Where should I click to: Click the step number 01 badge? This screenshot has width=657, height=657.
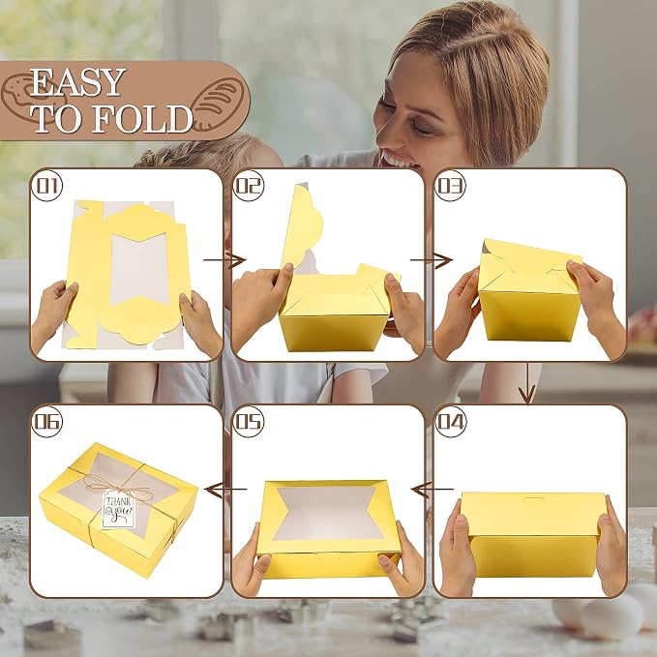[46, 186]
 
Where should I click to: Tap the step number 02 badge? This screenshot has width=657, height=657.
[249, 186]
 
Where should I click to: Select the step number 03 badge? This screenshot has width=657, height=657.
[451, 186]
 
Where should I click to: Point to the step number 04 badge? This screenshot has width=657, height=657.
[451, 422]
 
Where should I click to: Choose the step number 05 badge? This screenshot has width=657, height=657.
[249, 422]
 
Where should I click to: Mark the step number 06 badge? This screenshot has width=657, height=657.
[46, 422]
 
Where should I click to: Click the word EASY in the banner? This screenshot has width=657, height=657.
[78, 82]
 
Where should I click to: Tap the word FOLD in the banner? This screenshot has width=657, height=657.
[142, 119]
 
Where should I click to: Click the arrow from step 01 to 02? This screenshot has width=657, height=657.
[224, 260]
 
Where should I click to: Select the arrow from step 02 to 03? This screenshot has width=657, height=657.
[432, 260]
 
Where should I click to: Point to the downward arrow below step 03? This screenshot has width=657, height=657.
[527, 383]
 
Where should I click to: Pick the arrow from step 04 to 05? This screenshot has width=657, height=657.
[432, 489]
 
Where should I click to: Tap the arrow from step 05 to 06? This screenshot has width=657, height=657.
[225, 489]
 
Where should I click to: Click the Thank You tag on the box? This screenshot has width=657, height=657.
[119, 509]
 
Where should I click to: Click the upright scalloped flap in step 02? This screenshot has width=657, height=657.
[302, 225]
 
